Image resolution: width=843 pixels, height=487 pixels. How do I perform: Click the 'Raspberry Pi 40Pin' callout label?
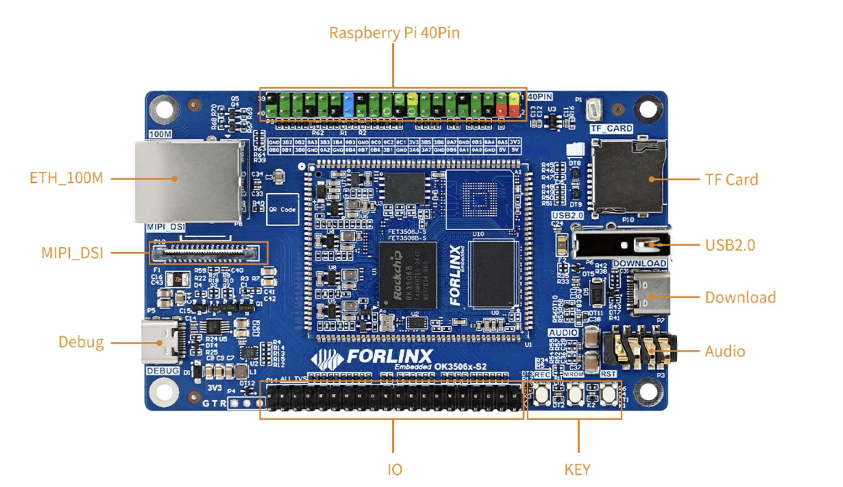tap(394, 33)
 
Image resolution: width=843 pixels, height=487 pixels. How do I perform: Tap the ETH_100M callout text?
tap(66, 178)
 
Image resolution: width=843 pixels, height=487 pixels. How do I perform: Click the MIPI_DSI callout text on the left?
tap(72, 253)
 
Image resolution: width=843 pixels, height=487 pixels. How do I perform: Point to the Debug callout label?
tap(81, 342)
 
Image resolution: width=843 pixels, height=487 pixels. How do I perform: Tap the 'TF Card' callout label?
tap(731, 180)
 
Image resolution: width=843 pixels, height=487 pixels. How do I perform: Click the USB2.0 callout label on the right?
tap(730, 245)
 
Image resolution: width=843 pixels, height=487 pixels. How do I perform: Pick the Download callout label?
tap(740, 297)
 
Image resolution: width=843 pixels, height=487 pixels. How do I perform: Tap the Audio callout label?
tap(725, 351)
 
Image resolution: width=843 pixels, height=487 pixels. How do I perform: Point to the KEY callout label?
tap(577, 470)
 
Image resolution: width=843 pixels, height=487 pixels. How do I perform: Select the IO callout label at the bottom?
tap(395, 470)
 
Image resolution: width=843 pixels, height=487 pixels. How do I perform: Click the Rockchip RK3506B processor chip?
tap(407, 275)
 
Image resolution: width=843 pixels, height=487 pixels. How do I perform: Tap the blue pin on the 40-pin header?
tap(348, 105)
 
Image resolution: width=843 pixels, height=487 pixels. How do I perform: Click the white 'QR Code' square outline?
tap(282, 209)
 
